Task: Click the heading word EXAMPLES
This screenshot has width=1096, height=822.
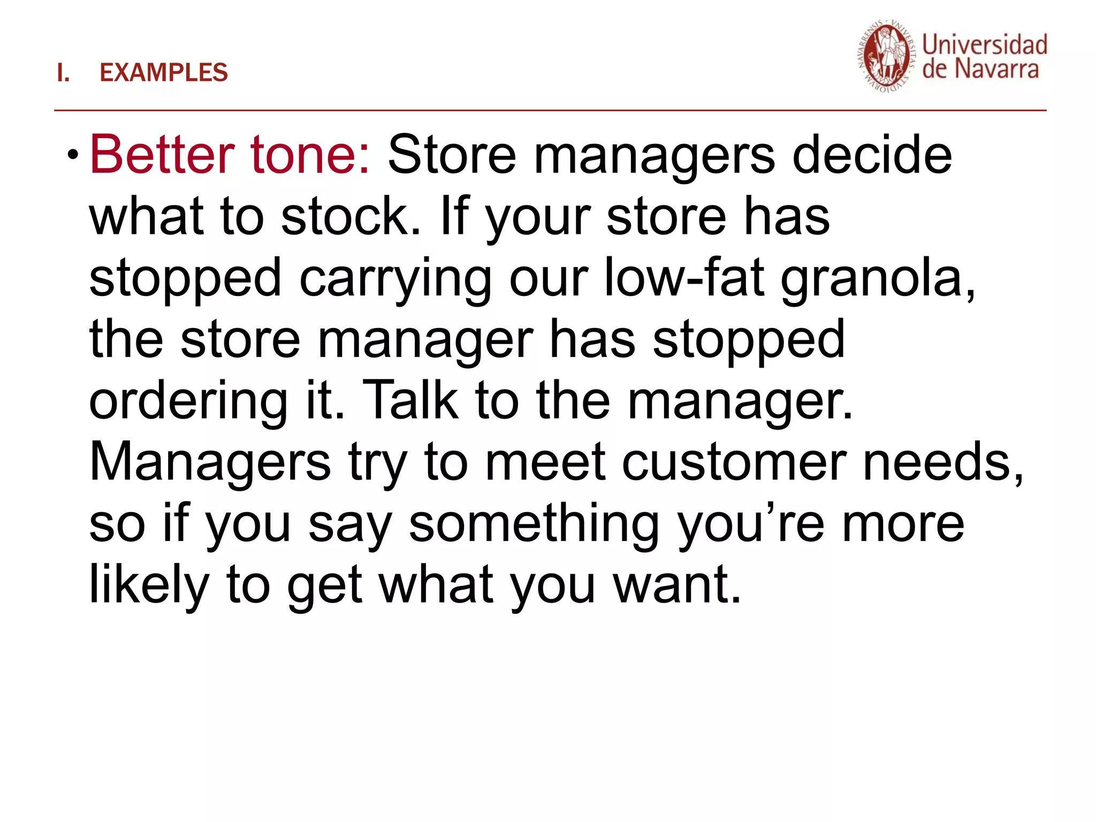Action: coord(164,73)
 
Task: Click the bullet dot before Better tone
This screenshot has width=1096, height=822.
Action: coord(72,156)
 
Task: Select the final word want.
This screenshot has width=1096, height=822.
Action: coord(677,585)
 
